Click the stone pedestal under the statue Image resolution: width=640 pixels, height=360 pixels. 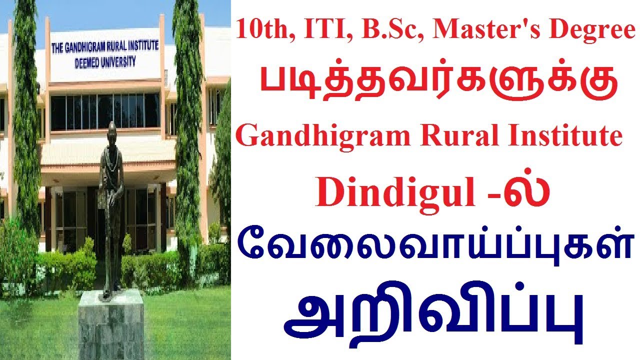(x=111, y=325)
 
